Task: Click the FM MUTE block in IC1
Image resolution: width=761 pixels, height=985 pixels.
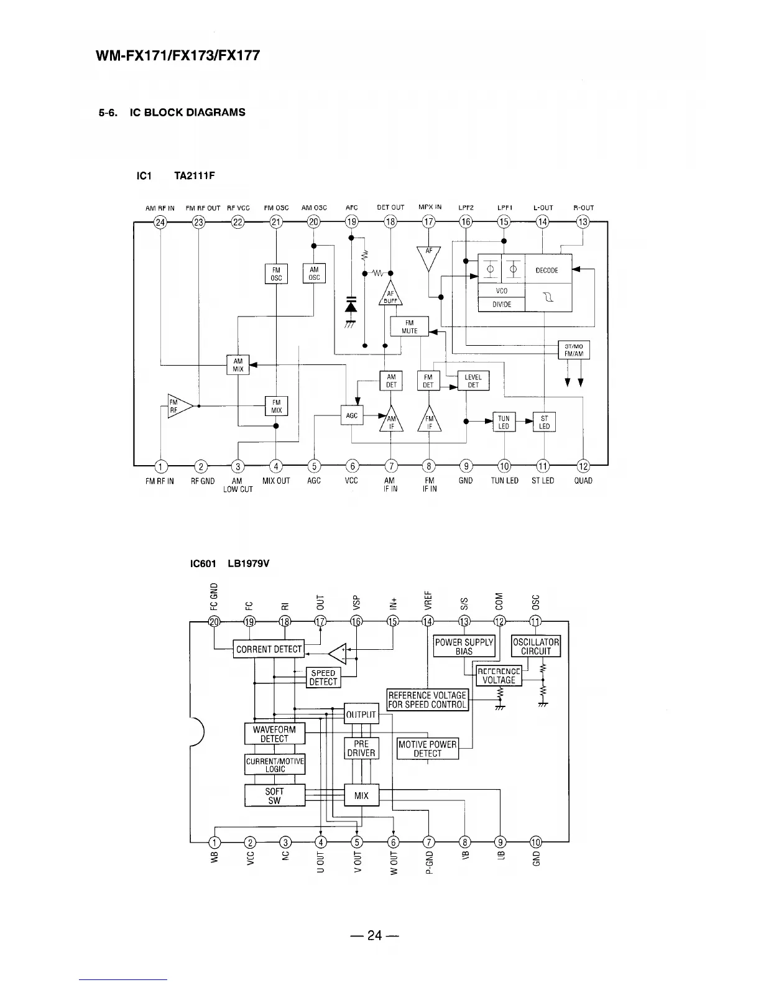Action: coord(409,326)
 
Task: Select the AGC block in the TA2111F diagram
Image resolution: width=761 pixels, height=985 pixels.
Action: coord(352,415)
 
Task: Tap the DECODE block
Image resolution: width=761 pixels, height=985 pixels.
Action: coord(547,270)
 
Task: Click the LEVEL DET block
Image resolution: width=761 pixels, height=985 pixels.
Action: coord(473,381)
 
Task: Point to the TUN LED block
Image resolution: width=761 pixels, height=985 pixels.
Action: coord(504,422)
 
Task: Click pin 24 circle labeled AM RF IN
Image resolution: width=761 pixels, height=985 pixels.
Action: coord(160,222)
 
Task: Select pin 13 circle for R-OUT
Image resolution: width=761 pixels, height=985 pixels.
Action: coord(583,222)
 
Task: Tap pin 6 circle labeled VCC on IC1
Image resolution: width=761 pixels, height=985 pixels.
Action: coord(353,466)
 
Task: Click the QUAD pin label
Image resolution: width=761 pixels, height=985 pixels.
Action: coord(583,481)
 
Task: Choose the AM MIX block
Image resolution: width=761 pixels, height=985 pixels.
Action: coord(238,365)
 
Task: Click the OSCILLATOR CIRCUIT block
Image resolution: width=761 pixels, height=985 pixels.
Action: coord(536,647)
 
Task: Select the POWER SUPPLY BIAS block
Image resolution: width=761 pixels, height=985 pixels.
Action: coord(464,647)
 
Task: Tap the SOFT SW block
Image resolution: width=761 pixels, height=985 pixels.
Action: coord(274,796)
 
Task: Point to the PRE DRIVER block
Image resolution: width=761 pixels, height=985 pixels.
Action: coord(361,748)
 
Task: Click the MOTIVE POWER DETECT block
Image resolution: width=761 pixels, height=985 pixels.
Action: coord(427,749)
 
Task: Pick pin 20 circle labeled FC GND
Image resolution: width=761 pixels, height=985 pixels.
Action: coord(214,621)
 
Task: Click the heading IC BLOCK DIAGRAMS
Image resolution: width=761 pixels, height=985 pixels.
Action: coord(187,113)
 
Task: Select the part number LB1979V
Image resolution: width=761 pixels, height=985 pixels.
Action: coord(249,564)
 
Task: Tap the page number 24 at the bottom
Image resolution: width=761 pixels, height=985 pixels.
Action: coord(374,935)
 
